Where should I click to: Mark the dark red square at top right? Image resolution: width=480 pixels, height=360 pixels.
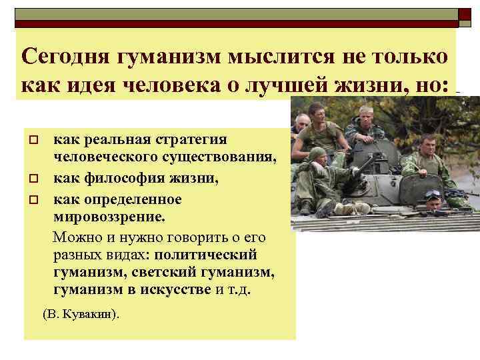[x=464, y=14]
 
